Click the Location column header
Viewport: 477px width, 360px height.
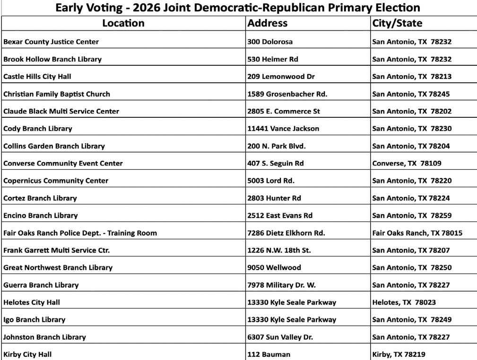pyautogui.click(x=123, y=23)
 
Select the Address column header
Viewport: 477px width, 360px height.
pyautogui.click(x=268, y=23)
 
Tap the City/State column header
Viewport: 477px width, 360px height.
pyautogui.click(x=397, y=23)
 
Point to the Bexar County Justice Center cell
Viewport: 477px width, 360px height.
pyautogui.click(x=51, y=42)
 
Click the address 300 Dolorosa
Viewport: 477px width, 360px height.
pyautogui.click(x=270, y=42)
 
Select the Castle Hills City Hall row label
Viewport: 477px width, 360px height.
pyautogui.click(x=37, y=76)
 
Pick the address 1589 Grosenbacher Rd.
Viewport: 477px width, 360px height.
pyautogui.click(x=287, y=94)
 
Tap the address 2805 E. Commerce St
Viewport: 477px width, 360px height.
pyautogui.click(x=284, y=111)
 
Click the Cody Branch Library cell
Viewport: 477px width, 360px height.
pyautogui.click(x=38, y=129)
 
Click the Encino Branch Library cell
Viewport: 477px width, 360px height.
pyautogui.click(x=40, y=215)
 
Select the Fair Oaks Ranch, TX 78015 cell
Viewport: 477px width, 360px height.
pyautogui.click(x=417, y=233)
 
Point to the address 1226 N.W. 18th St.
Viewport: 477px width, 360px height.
pyautogui.click(x=279, y=250)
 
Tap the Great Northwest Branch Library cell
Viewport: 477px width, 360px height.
pyautogui.click(x=58, y=267)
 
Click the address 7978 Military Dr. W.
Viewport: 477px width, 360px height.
pyautogui.click(x=282, y=285)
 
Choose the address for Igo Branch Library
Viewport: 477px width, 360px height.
pyautogui.click(x=292, y=319)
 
